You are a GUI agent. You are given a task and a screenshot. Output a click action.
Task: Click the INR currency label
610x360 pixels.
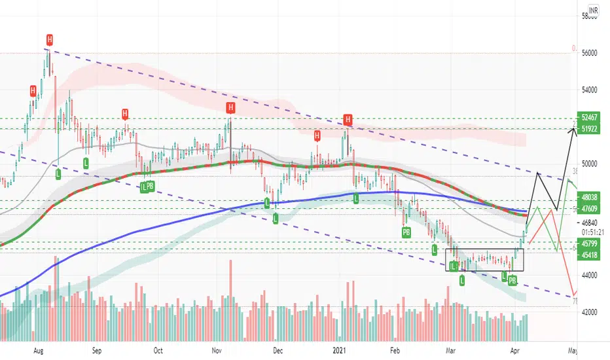[x=594, y=10]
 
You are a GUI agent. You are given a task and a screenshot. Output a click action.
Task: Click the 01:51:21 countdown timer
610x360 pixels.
[x=592, y=232]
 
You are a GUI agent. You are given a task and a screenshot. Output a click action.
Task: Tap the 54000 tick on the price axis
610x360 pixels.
[x=590, y=89]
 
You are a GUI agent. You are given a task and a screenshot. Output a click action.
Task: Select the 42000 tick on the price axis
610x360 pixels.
[x=590, y=312]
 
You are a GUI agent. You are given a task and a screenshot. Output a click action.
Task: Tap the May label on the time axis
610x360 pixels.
[x=573, y=350]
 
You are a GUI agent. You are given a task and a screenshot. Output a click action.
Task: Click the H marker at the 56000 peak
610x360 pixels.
[x=48, y=39]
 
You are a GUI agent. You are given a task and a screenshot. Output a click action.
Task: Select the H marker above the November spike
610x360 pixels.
[x=230, y=107]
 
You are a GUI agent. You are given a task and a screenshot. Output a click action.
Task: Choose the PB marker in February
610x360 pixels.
[x=406, y=232]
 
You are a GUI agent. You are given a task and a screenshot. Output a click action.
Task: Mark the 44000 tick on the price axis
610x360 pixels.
[x=590, y=276]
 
